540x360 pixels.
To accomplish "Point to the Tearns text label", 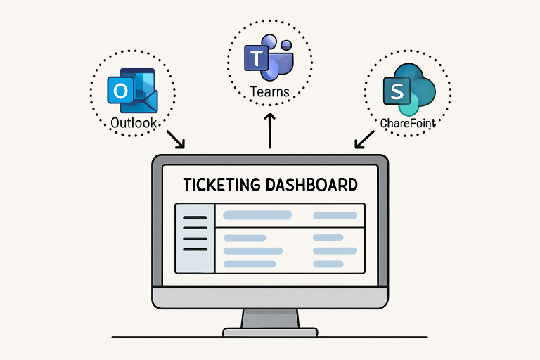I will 269,92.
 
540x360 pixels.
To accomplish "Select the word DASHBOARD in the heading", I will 312,185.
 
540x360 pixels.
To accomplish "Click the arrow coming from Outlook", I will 175,139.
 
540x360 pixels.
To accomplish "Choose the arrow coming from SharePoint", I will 364,139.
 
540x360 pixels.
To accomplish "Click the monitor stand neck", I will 269,319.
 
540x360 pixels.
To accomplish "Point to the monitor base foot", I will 269,331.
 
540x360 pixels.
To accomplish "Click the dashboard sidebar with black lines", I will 195,238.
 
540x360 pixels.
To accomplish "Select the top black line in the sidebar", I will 195,218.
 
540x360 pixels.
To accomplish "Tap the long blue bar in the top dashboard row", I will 257,215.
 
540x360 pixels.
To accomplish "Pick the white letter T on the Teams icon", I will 253,58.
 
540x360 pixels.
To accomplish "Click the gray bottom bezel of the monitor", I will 269,298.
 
